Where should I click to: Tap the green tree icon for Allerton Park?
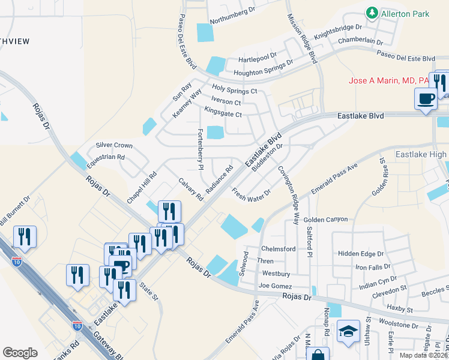tap(372, 12)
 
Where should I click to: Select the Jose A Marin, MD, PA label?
tap(390, 80)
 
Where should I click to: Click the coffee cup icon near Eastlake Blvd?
tap(426, 98)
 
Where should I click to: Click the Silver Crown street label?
tap(114, 145)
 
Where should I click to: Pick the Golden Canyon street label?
tap(325, 220)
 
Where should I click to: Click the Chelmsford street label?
tap(278, 249)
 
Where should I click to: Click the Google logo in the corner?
tap(20, 353)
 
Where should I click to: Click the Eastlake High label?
tap(421, 155)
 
